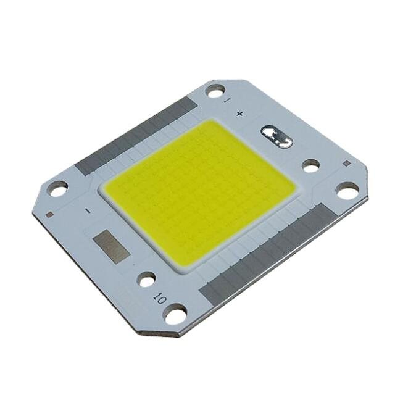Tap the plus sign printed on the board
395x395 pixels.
click(240, 114)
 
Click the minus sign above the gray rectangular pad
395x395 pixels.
click(88, 211)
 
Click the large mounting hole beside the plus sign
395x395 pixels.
click(215, 93)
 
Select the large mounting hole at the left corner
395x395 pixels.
click(58, 189)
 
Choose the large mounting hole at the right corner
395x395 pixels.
click(347, 191)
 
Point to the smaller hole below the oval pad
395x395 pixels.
click(310, 165)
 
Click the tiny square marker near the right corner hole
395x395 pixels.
click(346, 164)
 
